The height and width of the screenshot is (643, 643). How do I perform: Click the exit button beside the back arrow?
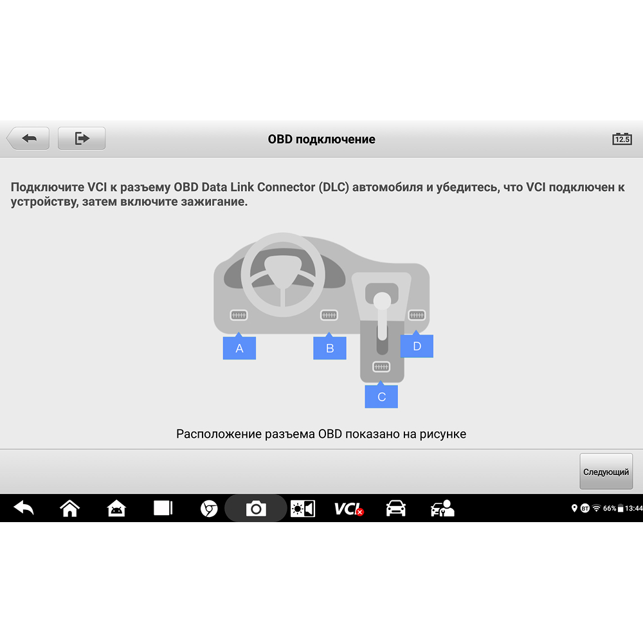tap(82, 138)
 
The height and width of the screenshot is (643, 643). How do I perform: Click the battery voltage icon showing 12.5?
tap(622, 139)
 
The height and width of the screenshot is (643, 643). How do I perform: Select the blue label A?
tap(239, 347)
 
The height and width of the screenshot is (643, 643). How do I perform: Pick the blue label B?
tap(330, 347)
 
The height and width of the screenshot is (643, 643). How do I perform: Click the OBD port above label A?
tap(239, 315)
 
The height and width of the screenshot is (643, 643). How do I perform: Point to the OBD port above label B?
tap(329, 315)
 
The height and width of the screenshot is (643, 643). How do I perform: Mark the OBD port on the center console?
tap(381, 367)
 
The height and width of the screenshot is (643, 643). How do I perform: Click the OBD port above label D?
tap(417, 315)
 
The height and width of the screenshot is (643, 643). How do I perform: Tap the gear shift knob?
tap(382, 300)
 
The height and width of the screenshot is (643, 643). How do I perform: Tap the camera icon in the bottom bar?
tap(256, 509)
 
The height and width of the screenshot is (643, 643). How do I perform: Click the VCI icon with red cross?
tap(349, 509)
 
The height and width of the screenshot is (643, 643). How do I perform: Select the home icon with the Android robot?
tap(116, 509)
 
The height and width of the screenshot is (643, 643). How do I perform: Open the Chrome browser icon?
tap(209, 509)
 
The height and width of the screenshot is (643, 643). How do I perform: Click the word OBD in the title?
tap(280, 139)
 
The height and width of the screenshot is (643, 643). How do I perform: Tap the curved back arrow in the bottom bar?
tap(24, 509)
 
